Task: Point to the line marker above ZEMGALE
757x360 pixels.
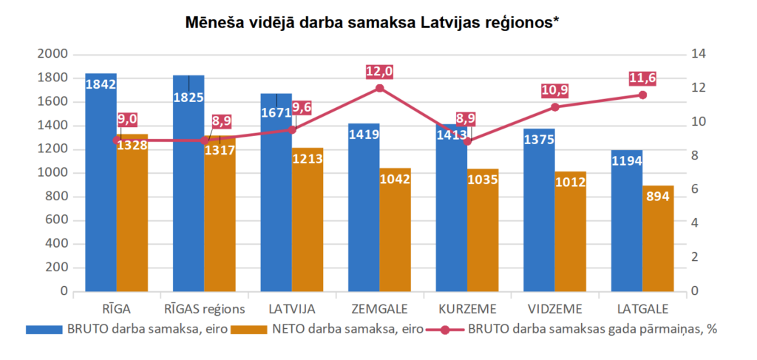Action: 380,88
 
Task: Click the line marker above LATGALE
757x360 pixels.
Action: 642,95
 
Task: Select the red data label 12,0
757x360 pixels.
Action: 380,72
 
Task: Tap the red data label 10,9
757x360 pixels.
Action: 555,90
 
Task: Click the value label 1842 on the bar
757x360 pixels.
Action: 101,84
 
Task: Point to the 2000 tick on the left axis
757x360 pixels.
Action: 54,54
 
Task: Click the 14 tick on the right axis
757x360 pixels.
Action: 698,54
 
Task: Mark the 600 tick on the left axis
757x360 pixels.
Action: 57,220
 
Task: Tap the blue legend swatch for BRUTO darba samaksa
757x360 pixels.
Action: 44,330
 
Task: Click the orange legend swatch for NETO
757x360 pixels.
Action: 249,330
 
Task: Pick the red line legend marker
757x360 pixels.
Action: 444,330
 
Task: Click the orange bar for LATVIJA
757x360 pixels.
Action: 307,222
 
